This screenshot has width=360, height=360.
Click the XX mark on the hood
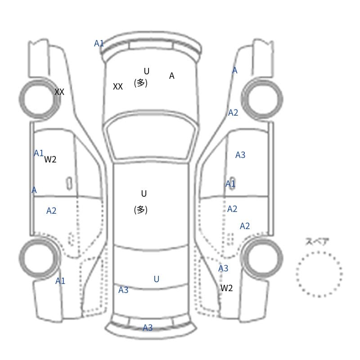118,86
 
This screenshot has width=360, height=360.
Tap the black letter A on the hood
171,76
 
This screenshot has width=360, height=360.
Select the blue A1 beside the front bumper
99,43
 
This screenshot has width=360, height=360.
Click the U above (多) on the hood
147,72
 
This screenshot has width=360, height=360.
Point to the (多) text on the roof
140,210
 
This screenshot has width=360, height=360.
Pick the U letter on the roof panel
144,194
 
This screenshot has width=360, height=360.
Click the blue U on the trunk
156,279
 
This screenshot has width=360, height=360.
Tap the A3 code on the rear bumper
148,328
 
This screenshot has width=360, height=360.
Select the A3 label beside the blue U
123,290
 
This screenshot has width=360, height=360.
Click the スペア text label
314,241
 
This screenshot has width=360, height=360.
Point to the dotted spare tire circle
319,252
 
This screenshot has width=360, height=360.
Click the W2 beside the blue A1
50,159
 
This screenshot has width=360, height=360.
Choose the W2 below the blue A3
226,288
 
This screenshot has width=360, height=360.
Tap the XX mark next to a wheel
59,92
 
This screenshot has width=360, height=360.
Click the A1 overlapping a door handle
230,184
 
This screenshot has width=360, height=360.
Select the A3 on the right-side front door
240,155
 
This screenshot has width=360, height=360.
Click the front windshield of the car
151,136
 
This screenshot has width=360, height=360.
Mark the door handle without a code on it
69,184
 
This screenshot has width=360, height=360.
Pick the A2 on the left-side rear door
51,211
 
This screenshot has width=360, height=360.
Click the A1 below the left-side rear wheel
60,281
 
